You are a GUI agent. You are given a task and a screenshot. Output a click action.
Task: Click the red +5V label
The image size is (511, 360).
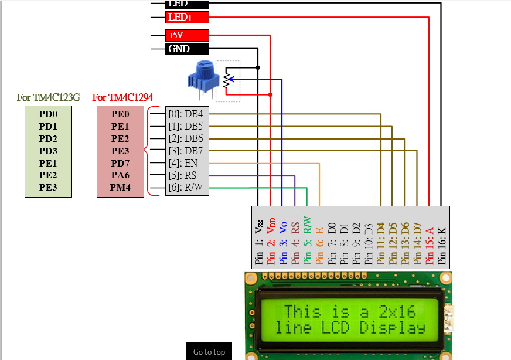187,35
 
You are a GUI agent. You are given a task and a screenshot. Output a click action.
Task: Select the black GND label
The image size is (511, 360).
187,49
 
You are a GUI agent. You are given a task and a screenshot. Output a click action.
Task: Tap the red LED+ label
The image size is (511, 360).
187,18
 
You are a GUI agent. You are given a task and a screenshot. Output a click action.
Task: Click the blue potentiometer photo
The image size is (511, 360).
200,78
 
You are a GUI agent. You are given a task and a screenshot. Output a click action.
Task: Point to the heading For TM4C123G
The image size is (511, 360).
49,97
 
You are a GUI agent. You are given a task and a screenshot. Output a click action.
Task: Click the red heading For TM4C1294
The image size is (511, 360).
122,97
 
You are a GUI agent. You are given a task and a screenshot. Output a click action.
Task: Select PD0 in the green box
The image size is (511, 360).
48,114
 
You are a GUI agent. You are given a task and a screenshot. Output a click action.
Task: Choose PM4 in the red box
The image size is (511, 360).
120,188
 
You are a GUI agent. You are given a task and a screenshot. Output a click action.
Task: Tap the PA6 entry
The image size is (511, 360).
120,175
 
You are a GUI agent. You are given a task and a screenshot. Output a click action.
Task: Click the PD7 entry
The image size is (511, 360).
120,163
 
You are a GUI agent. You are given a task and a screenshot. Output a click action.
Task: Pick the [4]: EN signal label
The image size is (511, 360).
183,163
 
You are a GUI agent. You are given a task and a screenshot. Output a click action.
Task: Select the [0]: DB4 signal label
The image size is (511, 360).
185,114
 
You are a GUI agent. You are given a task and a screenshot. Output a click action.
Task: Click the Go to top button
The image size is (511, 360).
209,352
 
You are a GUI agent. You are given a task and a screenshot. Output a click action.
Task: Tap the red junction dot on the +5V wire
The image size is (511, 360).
270,94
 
